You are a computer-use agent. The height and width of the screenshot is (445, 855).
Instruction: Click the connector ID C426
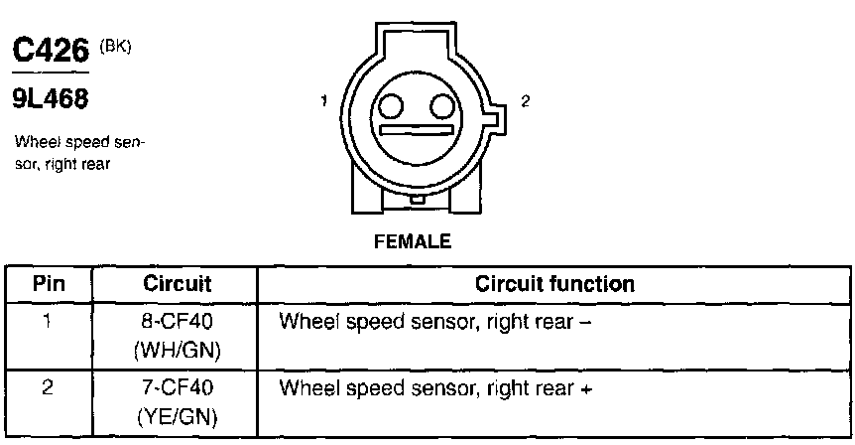(50, 52)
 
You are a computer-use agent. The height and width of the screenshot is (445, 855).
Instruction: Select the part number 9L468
(50, 98)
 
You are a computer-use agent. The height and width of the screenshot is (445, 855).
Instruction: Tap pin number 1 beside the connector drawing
(323, 100)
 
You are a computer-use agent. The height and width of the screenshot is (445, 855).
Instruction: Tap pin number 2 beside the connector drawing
(525, 101)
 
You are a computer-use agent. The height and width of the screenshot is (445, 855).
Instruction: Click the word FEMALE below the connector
(413, 241)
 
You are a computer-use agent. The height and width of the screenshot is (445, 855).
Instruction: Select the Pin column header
(50, 284)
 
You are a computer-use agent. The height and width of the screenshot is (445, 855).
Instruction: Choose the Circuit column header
(175, 284)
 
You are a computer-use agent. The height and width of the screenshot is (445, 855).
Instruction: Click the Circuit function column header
(554, 284)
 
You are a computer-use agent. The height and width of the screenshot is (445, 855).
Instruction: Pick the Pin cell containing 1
(50, 322)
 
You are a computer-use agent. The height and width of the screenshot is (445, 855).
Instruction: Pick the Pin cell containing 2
(50, 386)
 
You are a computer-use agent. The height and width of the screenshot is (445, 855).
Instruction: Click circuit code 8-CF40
(175, 322)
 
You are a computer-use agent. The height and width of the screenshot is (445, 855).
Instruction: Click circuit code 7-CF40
(175, 386)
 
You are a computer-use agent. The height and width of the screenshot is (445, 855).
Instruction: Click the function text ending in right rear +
(436, 387)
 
